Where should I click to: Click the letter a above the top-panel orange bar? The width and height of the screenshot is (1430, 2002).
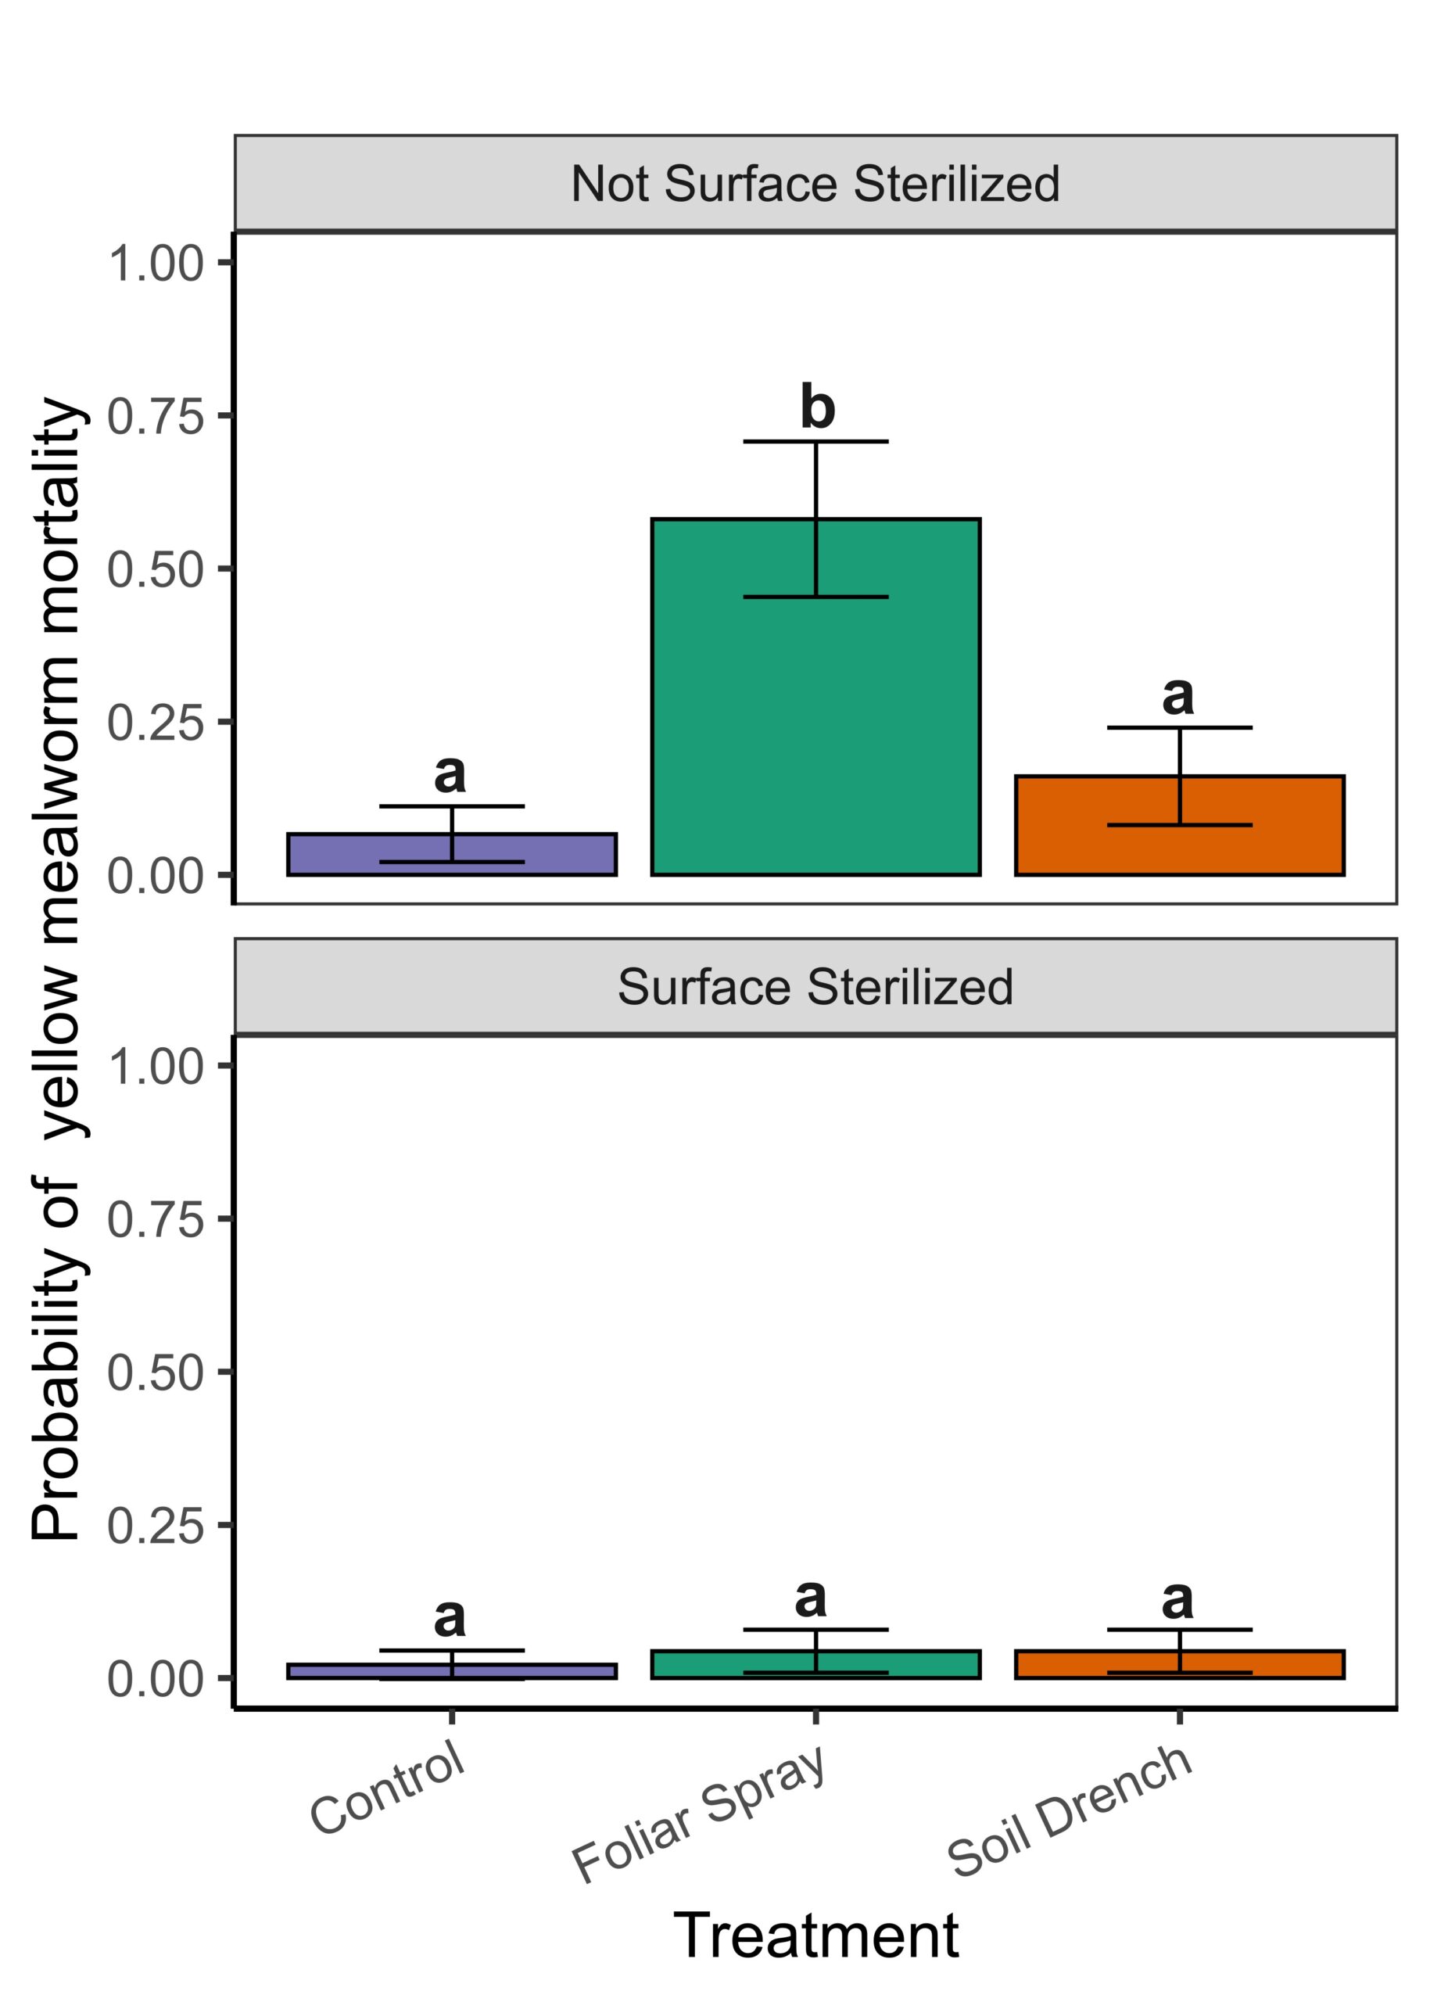pyautogui.click(x=1178, y=696)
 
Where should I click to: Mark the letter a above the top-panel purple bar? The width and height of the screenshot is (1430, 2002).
pyautogui.click(x=450, y=774)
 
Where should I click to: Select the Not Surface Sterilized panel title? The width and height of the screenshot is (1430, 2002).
pyautogui.click(x=815, y=184)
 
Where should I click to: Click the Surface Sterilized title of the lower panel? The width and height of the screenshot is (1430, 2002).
pyautogui.click(x=815, y=986)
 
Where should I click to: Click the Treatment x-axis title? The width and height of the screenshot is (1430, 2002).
pyautogui.click(x=815, y=1936)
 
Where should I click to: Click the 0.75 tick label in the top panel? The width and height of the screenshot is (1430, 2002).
pyautogui.click(x=156, y=417)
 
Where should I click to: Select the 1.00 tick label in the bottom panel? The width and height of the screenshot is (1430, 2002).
pyautogui.click(x=156, y=1067)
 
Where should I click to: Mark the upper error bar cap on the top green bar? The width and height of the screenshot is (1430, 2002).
pyautogui.click(x=815, y=440)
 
